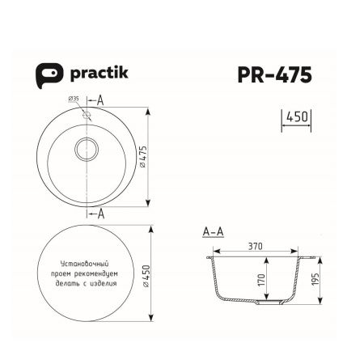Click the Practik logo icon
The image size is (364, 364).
coord(48,76)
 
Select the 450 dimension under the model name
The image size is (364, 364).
coord(295,117)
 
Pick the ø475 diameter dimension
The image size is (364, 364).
coord(142,153)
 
